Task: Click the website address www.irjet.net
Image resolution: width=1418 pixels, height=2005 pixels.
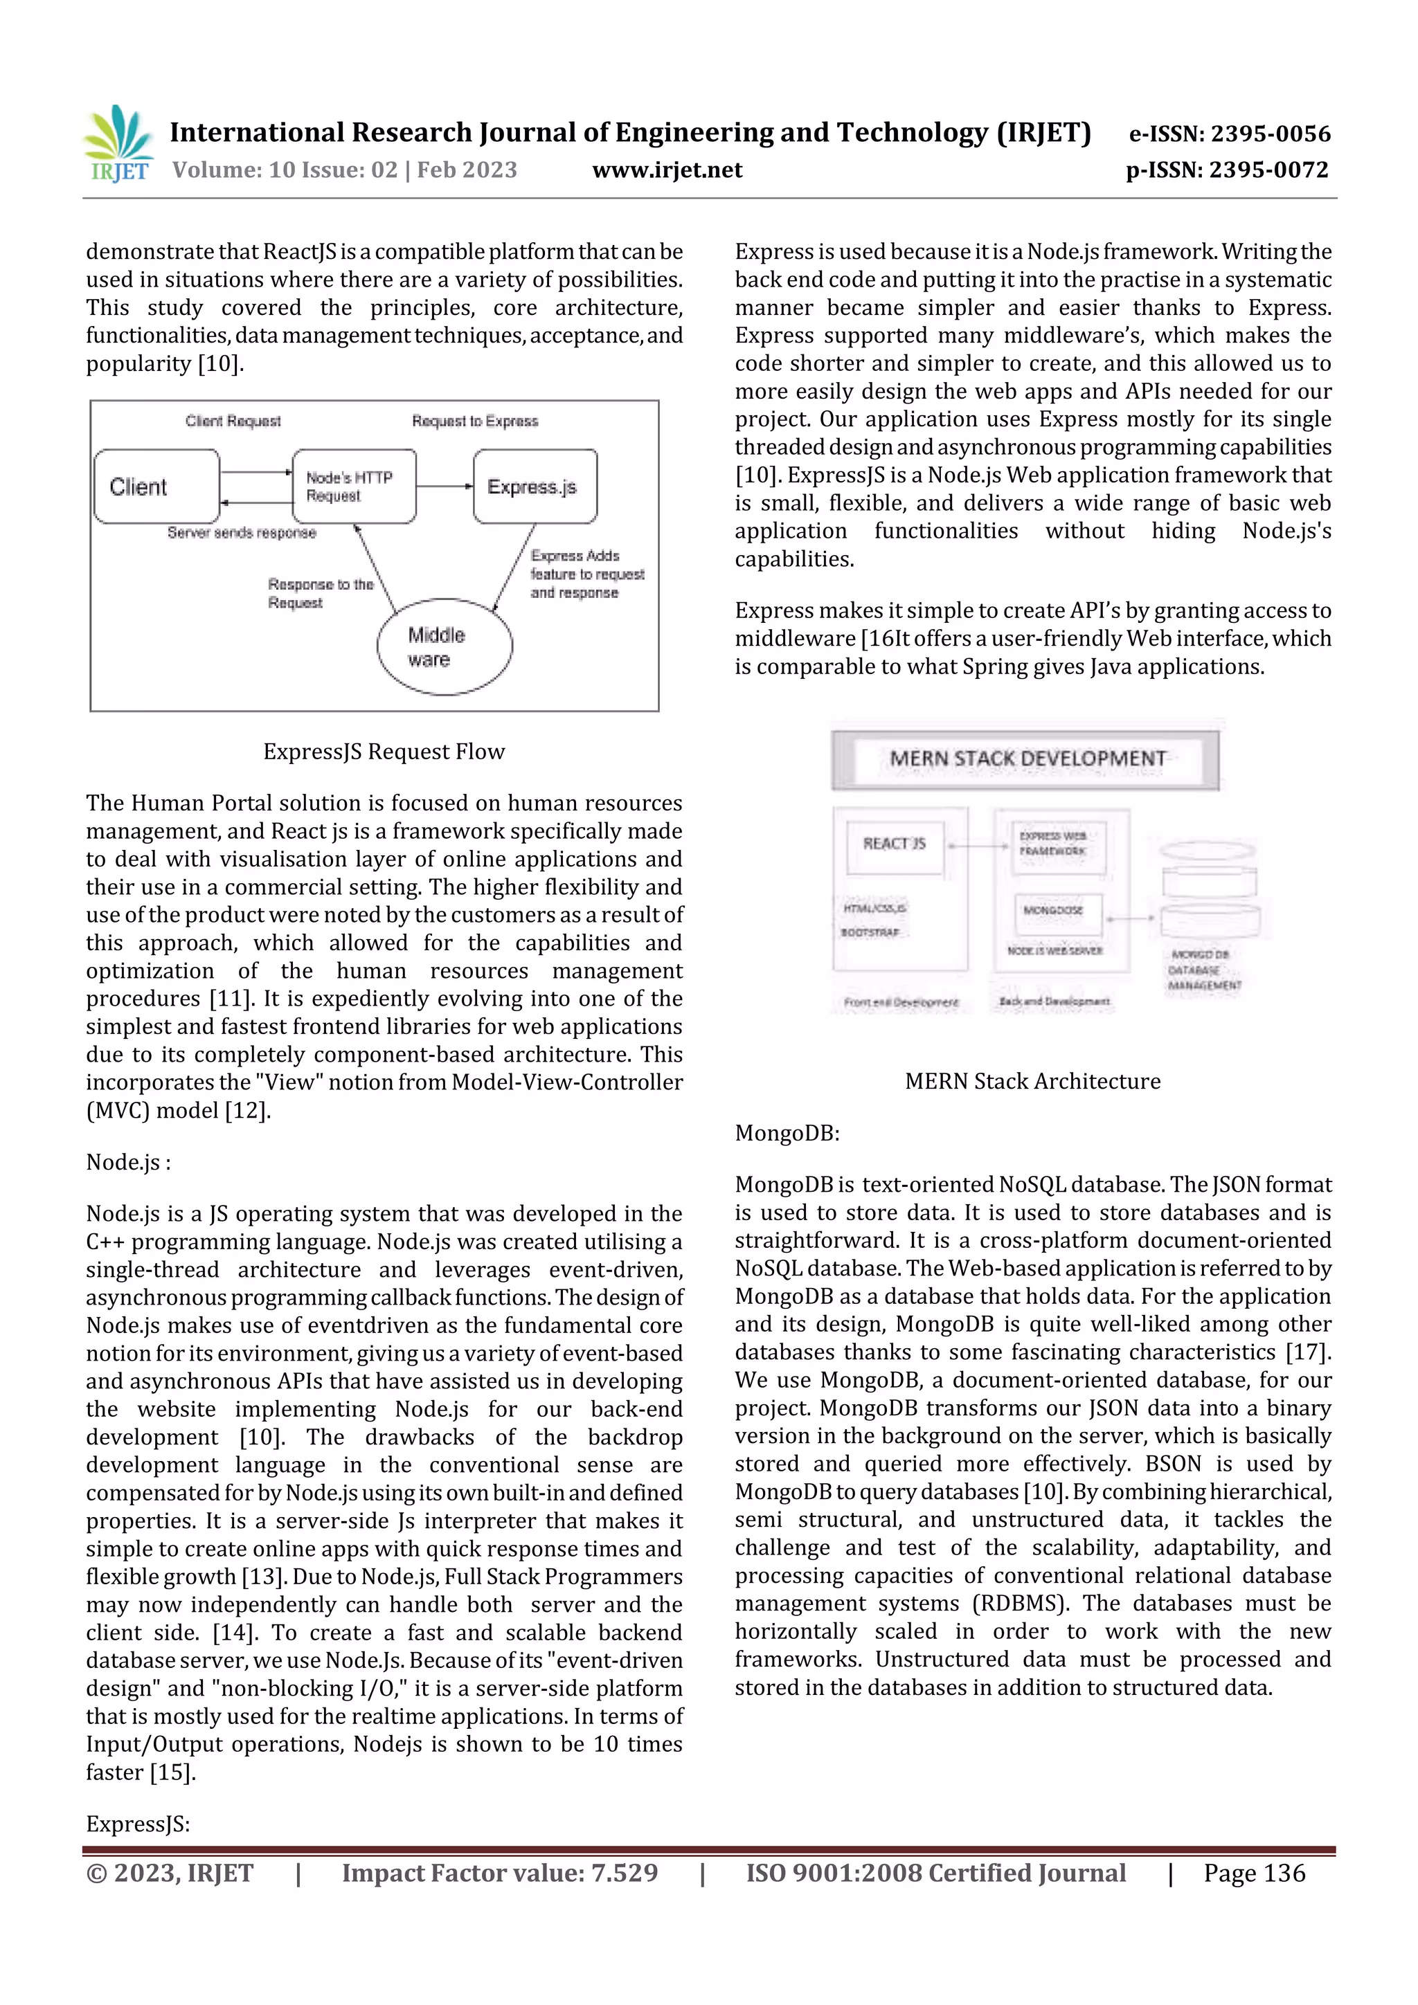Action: (667, 170)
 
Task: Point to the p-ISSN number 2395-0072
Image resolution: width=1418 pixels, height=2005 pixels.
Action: (1268, 170)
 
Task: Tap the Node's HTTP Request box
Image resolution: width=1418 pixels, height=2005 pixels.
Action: (354, 487)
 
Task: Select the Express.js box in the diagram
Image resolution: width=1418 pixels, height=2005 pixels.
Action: (535, 487)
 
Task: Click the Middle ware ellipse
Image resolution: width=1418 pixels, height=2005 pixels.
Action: (445, 647)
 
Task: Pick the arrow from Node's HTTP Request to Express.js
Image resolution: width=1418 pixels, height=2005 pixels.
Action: (445, 487)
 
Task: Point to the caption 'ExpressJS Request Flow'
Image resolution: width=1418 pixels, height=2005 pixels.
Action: (384, 752)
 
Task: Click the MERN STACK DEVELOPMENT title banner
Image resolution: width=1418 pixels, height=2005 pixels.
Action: (1025, 759)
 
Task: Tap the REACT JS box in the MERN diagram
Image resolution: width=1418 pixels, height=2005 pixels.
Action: (894, 844)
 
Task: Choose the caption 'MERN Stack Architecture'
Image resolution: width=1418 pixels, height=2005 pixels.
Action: (1033, 1081)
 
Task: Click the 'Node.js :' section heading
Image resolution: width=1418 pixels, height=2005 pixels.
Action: (128, 1162)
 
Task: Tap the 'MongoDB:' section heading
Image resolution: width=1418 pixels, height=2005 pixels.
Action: (787, 1134)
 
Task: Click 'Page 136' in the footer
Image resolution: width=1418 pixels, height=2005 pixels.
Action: (1254, 1873)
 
